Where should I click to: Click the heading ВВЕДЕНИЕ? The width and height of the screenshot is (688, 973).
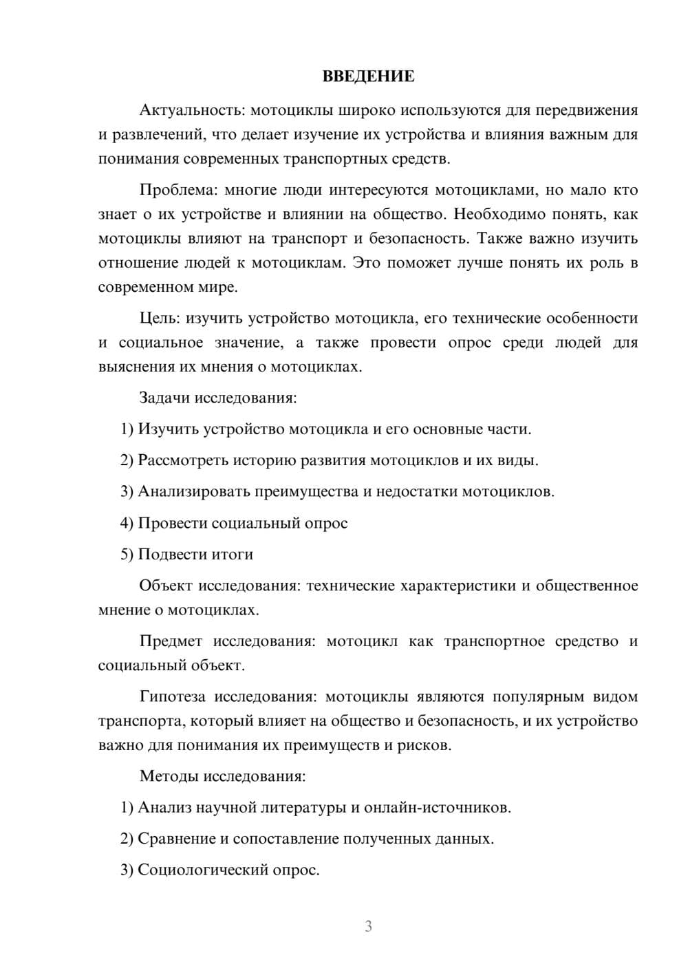368,76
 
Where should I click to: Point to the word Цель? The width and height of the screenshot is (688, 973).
159,318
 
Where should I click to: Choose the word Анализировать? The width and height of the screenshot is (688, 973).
193,491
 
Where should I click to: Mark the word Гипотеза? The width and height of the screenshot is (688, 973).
172,696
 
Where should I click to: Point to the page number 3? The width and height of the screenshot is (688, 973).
368,926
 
